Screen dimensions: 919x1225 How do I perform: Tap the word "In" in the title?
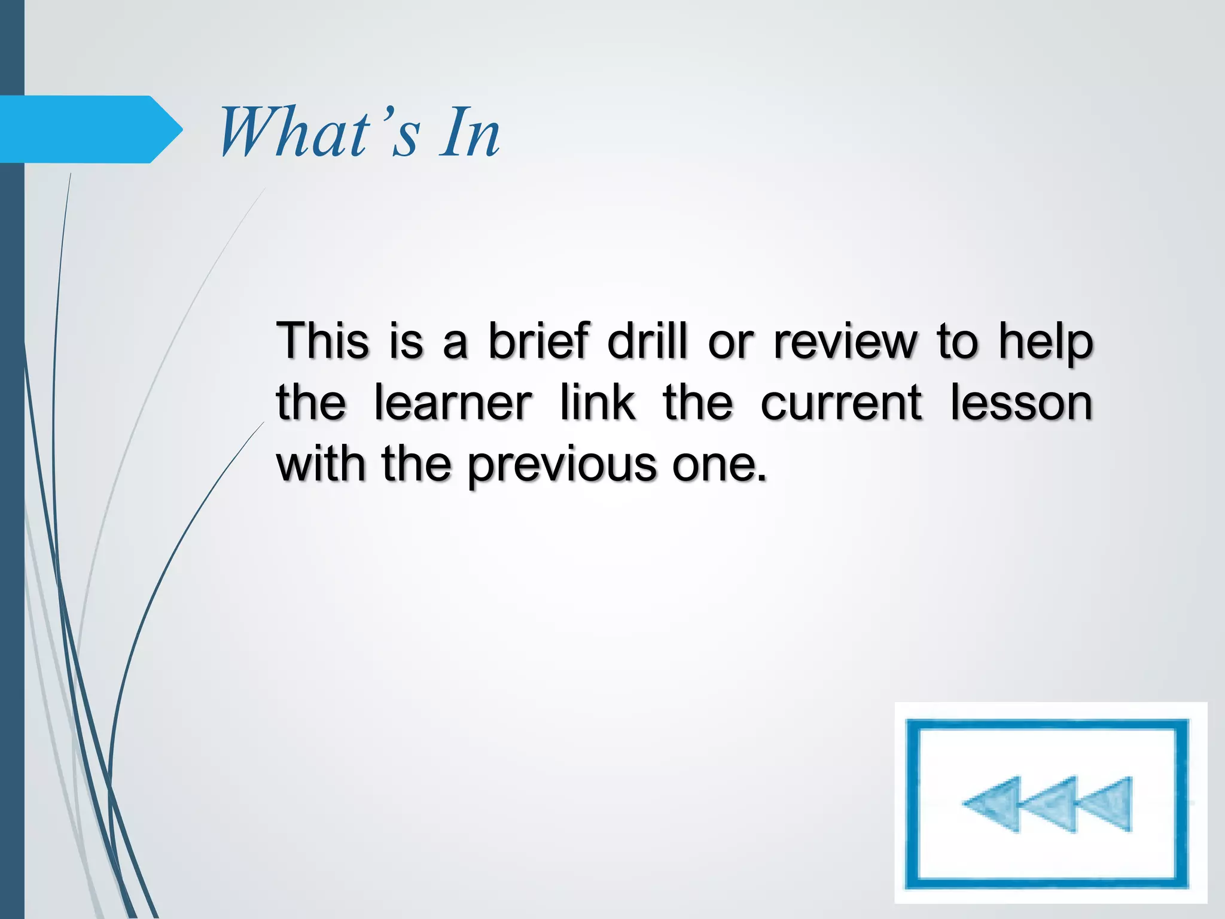click(x=470, y=133)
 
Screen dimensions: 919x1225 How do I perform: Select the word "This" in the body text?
click(x=322, y=340)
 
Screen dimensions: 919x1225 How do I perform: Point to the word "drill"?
click(x=647, y=340)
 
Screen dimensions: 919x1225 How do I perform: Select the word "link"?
click(x=598, y=403)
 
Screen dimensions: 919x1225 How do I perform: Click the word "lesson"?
click(x=1021, y=403)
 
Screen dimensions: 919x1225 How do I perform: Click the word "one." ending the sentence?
click(x=718, y=465)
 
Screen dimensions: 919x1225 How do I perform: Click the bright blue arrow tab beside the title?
click(x=90, y=129)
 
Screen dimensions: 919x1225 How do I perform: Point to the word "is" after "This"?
click(x=406, y=340)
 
